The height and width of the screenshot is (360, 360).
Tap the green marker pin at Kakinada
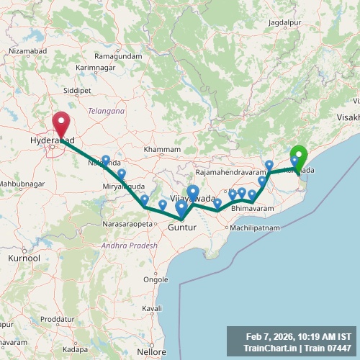click(298, 155)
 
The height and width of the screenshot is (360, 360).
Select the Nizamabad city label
click(27, 52)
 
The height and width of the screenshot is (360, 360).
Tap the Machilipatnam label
click(253, 228)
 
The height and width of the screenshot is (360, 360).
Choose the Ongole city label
click(156, 279)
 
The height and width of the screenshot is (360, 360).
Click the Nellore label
click(152, 353)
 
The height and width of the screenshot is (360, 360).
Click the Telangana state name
click(106, 111)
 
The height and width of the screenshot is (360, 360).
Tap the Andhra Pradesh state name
click(130, 245)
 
